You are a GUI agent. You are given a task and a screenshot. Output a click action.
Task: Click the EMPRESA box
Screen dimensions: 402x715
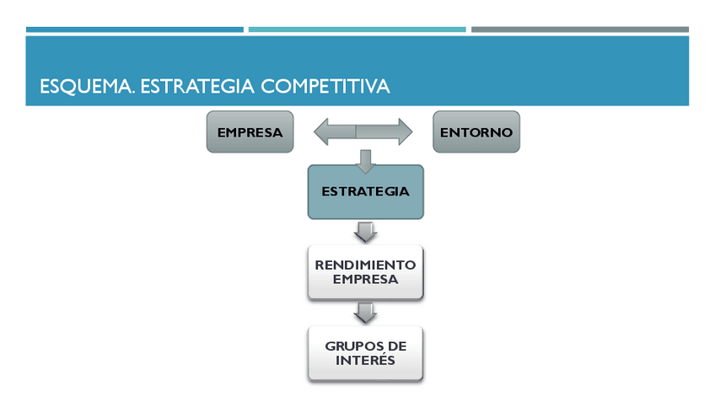pyautogui.click(x=250, y=132)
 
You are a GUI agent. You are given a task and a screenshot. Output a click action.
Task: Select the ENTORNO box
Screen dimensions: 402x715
pyautogui.click(x=476, y=132)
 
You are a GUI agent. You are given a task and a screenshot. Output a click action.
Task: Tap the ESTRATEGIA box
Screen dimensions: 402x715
pyautogui.click(x=365, y=191)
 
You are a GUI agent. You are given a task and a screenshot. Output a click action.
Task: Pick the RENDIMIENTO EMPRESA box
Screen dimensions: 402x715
pyautogui.click(x=365, y=272)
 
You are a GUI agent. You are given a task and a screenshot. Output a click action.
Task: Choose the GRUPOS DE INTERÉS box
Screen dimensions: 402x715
pyautogui.click(x=365, y=354)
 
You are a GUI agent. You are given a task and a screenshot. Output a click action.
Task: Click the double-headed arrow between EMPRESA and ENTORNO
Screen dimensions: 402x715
pyautogui.click(x=363, y=131)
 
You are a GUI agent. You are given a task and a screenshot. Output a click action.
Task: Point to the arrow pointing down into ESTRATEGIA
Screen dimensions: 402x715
pyautogui.click(x=365, y=160)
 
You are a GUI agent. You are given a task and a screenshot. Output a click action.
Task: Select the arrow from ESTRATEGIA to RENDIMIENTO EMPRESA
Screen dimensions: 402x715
pyautogui.click(x=365, y=232)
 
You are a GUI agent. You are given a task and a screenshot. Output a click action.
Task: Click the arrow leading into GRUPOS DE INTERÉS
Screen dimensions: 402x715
pyautogui.click(x=365, y=313)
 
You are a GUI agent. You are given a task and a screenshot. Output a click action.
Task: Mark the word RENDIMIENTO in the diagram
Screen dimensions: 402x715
pyautogui.click(x=365, y=265)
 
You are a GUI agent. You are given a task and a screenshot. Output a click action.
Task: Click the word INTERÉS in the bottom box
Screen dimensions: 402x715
pyautogui.click(x=365, y=362)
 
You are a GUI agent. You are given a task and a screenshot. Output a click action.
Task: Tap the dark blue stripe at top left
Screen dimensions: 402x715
pyautogui.click(x=135, y=29)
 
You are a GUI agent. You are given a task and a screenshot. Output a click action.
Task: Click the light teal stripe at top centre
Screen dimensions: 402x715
pyautogui.click(x=357, y=29)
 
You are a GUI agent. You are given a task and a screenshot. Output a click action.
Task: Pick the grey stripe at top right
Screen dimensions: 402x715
pyautogui.click(x=579, y=29)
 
